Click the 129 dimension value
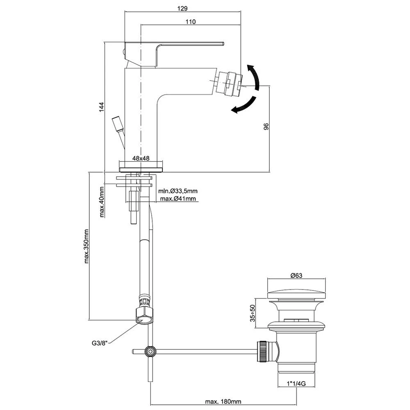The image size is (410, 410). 183,8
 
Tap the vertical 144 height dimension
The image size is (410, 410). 102,106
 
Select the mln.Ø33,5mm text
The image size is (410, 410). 178,191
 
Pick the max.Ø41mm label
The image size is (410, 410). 178,199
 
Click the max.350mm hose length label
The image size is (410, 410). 87,246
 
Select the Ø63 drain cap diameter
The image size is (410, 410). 296,276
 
